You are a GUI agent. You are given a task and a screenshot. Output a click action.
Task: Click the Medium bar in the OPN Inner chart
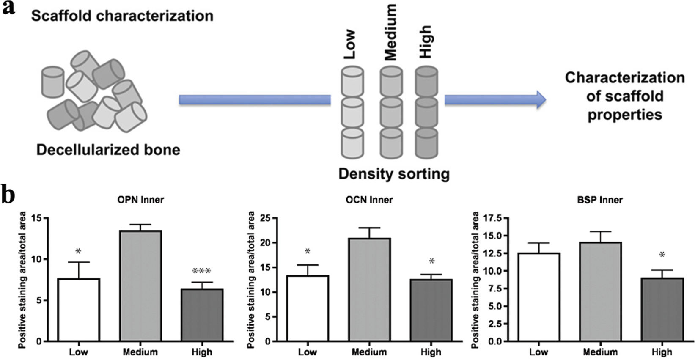140,286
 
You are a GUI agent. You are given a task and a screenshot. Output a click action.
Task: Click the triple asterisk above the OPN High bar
201,271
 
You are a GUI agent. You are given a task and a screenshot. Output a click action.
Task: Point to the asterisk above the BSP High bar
662,256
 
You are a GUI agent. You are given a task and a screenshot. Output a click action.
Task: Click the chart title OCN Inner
369,199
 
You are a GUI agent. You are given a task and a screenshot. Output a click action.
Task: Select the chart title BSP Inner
600,199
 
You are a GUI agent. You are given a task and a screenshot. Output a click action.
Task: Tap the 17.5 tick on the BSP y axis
491,218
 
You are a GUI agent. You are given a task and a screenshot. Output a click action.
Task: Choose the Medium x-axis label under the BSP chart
600,352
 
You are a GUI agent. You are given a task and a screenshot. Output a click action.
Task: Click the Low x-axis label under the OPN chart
78,352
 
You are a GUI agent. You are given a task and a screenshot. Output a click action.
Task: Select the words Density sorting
394,173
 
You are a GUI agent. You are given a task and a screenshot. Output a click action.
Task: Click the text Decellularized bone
108,150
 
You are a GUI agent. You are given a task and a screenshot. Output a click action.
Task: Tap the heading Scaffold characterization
122,16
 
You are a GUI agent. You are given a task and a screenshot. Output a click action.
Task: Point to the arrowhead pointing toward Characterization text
541,100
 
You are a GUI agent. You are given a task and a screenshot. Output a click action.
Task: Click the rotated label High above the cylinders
425,41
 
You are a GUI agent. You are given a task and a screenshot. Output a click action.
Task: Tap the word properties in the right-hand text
624,115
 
